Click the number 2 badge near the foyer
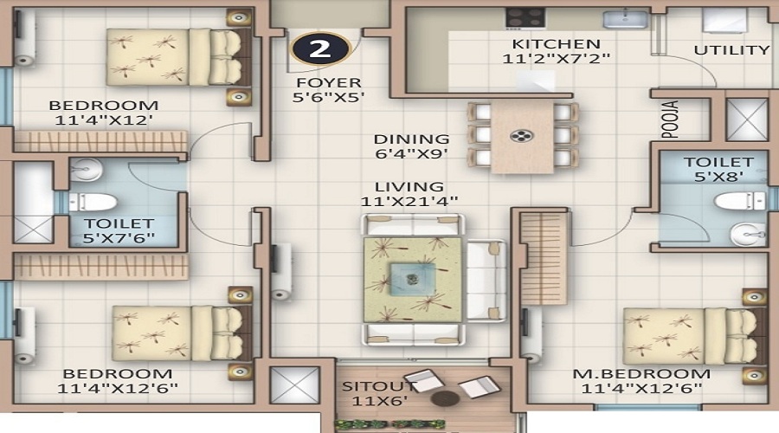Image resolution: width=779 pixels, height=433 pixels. [x=320, y=48]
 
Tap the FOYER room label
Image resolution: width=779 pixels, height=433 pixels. [x=328, y=82]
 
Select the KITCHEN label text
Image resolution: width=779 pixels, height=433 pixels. [x=556, y=44]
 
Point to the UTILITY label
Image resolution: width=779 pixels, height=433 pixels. [x=731, y=50]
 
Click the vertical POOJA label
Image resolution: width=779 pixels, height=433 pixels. [x=670, y=120]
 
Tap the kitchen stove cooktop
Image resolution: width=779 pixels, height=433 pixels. [x=525, y=18]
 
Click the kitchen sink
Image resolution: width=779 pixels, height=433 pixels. [x=626, y=19]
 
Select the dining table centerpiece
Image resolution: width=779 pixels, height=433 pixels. [x=522, y=136]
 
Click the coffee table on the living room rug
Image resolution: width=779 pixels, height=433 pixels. [x=413, y=280]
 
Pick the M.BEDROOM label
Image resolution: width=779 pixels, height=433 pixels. [x=641, y=374]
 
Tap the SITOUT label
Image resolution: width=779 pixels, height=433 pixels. [x=378, y=386]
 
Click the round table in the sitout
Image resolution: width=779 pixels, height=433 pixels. [x=445, y=397]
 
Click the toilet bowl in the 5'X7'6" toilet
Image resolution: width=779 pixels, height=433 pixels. [x=93, y=203]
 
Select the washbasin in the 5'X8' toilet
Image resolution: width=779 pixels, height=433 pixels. [x=747, y=234]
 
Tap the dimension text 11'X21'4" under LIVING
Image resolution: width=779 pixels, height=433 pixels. [x=409, y=201]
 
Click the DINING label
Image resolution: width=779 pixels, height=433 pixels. [x=411, y=139]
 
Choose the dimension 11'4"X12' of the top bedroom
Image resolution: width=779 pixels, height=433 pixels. [x=103, y=120]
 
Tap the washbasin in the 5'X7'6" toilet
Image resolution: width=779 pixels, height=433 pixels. [x=86, y=171]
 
